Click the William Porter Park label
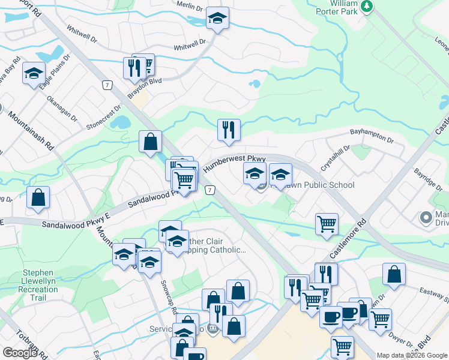344,8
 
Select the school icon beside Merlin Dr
217,19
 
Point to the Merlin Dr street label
190,6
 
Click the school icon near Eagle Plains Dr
34,74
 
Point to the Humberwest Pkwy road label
234,163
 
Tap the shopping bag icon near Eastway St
394,274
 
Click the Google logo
20,353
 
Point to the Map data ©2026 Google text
412,355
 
